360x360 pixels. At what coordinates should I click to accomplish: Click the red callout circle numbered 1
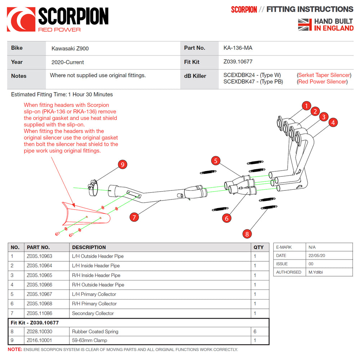tap(306, 106)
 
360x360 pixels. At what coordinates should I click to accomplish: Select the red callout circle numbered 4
tap(333, 122)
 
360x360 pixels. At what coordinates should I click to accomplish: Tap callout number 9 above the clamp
tap(122, 165)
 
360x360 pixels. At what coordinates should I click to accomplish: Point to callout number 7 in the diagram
tap(134, 217)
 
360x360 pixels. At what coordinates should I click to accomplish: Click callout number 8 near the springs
tap(247, 234)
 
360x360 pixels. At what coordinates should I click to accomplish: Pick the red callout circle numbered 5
tap(216, 161)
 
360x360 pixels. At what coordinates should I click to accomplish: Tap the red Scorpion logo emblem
tap(21, 20)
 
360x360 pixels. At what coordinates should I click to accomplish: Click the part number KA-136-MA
tap(235, 48)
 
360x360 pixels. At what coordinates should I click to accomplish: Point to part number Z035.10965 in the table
tap(39, 275)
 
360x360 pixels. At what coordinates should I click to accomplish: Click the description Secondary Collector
tap(93, 313)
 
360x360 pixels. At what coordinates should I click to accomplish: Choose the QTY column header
tap(258, 247)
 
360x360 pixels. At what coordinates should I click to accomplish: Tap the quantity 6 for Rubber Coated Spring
tap(255, 332)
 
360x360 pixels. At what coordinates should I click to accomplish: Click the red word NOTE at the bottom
tap(15, 350)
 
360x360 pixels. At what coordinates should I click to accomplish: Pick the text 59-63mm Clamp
tap(89, 340)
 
